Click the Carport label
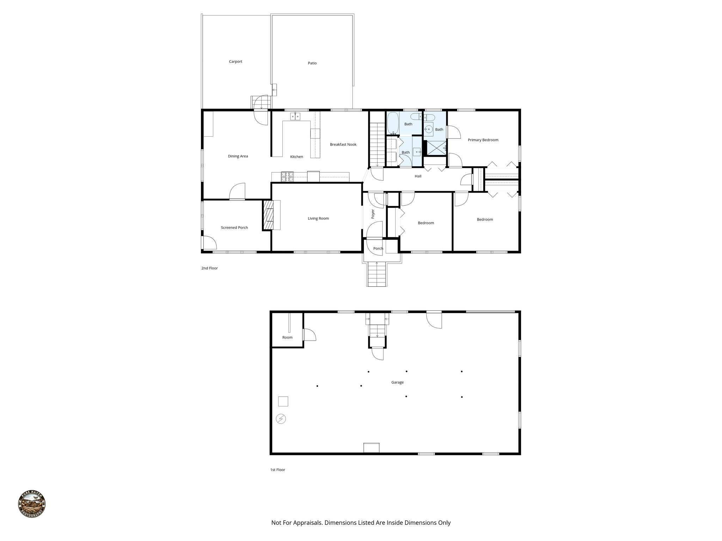click(x=235, y=62)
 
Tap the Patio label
click(x=312, y=63)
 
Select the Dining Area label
click(x=238, y=156)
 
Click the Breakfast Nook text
click(x=343, y=144)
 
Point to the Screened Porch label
click(x=234, y=228)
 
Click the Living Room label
click(x=318, y=218)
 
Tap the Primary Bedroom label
click(x=483, y=140)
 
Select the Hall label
click(x=418, y=176)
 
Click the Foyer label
click(x=373, y=214)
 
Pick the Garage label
click(x=397, y=382)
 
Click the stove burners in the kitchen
click(x=287, y=176)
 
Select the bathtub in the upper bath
click(x=393, y=124)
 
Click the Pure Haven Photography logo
click(x=32, y=504)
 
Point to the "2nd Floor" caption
click(x=209, y=268)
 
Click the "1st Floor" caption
click(x=277, y=470)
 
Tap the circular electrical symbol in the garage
click(x=281, y=419)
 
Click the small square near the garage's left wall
click(x=283, y=402)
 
